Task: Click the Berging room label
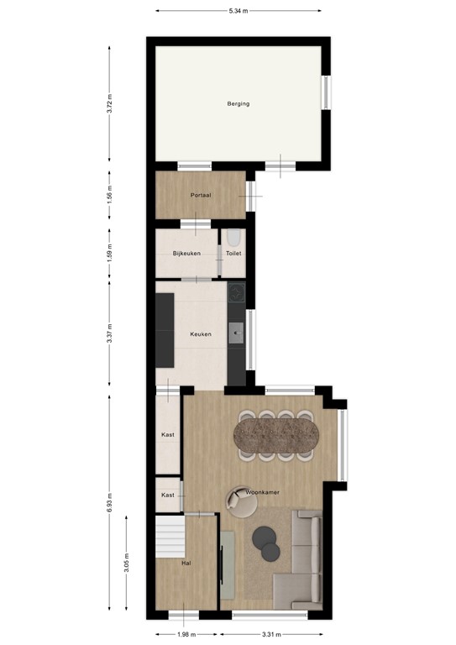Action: tap(238, 104)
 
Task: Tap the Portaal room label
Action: tap(200, 195)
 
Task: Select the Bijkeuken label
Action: tap(186, 253)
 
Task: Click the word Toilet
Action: tap(234, 253)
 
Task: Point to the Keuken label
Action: tap(200, 334)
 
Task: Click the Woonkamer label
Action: tap(263, 492)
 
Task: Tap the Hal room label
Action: tap(186, 564)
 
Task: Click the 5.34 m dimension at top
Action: tap(239, 12)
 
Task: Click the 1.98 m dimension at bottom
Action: tap(186, 635)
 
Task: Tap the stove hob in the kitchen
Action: tap(237, 292)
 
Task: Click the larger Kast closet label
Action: tap(168, 435)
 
